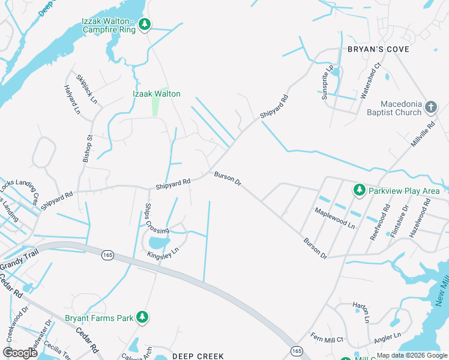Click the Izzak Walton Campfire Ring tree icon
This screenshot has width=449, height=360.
coord(144,25)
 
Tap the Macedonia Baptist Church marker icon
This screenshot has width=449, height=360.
coord(430,107)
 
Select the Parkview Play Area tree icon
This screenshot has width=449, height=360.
coord(360,190)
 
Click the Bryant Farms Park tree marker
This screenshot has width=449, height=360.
coord(142,317)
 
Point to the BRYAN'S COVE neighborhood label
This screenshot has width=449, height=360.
coord(378,49)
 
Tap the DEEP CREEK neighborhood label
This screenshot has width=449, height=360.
coord(198,355)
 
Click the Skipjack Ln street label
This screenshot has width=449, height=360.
coord(86,88)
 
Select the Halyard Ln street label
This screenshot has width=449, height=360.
coord(72,99)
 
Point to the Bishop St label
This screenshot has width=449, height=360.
coord(86,149)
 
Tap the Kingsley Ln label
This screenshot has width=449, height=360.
coord(163,254)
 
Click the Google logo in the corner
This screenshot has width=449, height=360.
coord(20,353)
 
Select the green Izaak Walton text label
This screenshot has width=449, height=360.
coord(156,94)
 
